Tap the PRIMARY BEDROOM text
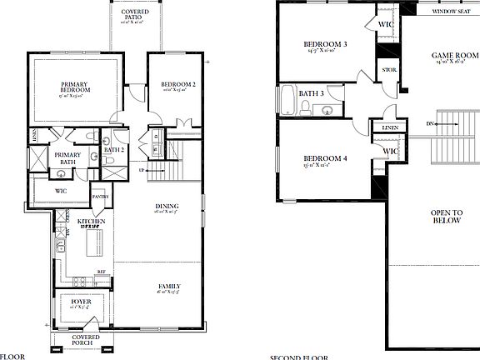(x=75, y=87)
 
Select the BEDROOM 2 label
(x=177, y=84)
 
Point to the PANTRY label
(x=101, y=197)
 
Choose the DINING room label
(x=167, y=206)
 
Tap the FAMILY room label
(x=169, y=287)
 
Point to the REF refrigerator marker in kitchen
(x=99, y=272)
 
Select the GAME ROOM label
(x=452, y=57)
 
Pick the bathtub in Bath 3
(x=288, y=100)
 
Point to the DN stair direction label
(x=429, y=123)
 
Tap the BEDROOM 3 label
(x=324, y=43)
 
